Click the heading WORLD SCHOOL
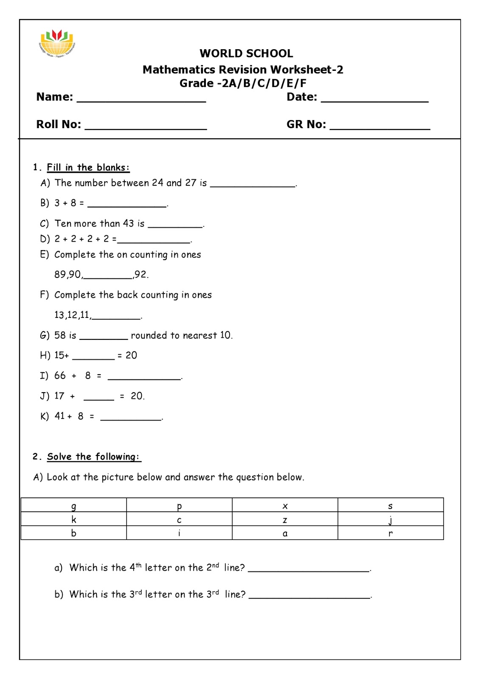(x=246, y=53)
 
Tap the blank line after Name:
(x=141, y=99)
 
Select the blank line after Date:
(x=374, y=99)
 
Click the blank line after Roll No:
(x=146, y=126)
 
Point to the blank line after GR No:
(x=379, y=126)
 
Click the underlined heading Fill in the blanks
(x=88, y=168)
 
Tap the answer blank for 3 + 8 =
(x=126, y=205)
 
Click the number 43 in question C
(x=128, y=224)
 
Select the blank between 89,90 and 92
(x=108, y=276)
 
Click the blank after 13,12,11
(x=116, y=316)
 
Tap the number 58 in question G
(x=60, y=335)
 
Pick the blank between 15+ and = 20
(x=93, y=357)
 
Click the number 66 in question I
(x=60, y=376)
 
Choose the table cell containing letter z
(x=285, y=519)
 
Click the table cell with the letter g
(x=74, y=505)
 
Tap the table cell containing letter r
(x=390, y=533)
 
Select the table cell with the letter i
(x=179, y=533)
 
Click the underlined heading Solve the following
(x=93, y=457)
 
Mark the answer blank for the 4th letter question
(x=309, y=570)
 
